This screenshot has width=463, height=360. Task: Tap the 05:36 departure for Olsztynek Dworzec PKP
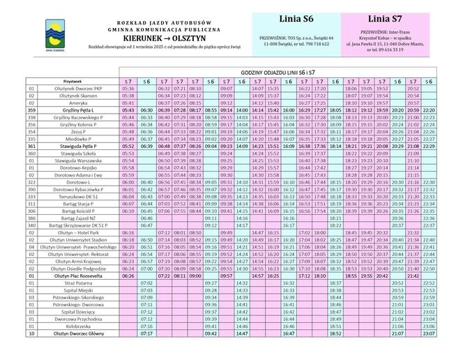pos(128,89)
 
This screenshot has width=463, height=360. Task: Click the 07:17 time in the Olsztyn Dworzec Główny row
pos(146,333)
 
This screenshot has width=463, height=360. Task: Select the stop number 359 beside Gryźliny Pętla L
pos(31,110)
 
